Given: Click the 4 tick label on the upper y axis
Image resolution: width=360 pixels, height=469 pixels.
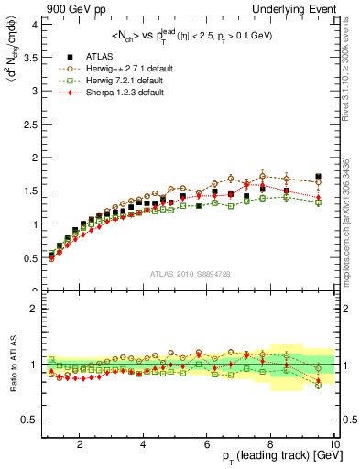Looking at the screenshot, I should [x=34, y=25].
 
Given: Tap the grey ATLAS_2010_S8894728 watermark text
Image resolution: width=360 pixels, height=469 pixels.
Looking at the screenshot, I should [x=190, y=274].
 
